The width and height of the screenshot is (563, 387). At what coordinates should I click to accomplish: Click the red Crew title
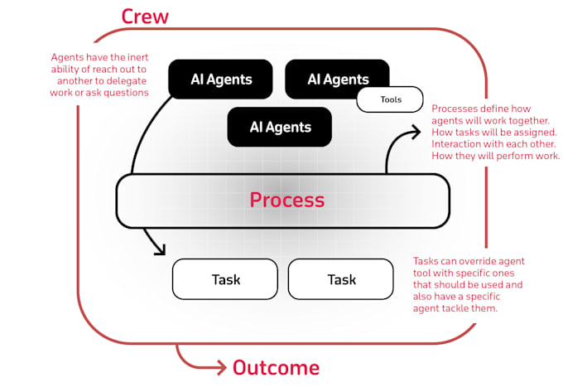[x=144, y=16]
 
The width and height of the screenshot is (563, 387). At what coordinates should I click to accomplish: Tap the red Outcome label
[x=275, y=367]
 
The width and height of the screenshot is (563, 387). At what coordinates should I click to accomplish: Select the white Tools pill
[x=391, y=100]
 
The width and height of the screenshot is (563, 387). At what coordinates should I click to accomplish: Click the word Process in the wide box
[x=286, y=200]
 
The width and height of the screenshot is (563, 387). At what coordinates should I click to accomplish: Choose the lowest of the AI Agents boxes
[x=280, y=127]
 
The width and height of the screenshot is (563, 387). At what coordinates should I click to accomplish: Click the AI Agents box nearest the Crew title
[x=220, y=80]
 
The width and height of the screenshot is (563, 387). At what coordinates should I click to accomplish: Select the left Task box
[x=225, y=279]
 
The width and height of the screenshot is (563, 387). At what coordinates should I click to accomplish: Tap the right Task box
[x=341, y=279]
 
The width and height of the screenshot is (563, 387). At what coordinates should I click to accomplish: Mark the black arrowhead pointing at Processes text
[x=414, y=130]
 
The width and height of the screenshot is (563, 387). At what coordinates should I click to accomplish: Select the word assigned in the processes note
[x=537, y=132]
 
